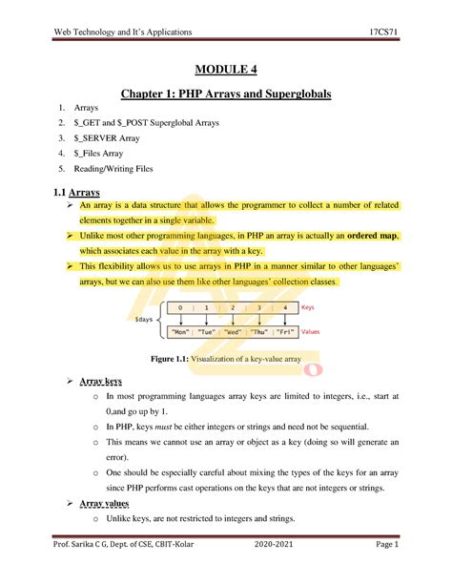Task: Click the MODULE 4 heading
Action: pyautogui.click(x=227, y=70)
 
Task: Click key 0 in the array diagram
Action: pyautogui.click(x=180, y=308)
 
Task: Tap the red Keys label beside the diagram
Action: pyautogui.click(x=308, y=308)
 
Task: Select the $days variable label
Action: pyautogui.click(x=144, y=320)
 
